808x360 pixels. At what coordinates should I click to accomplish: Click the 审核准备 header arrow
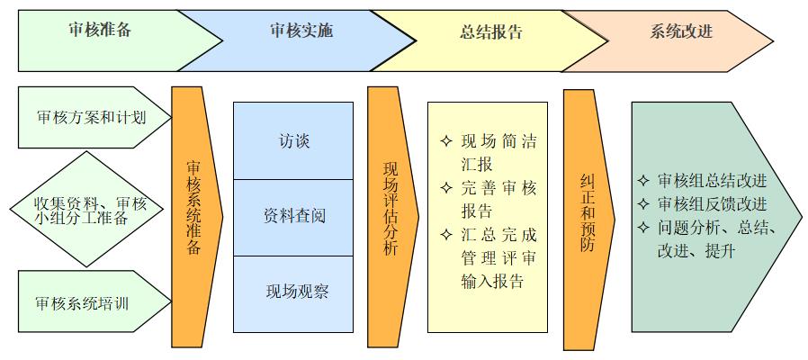click(x=99, y=31)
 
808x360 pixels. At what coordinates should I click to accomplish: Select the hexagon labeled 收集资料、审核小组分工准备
click(x=91, y=210)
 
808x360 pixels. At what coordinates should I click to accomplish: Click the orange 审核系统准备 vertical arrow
click(x=194, y=216)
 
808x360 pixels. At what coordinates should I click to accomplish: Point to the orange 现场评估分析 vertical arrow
click(x=390, y=216)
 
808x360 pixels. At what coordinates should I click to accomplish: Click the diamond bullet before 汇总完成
click(x=445, y=236)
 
